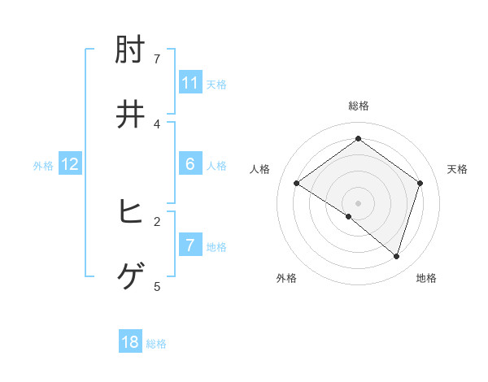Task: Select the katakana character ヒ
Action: coord(131,213)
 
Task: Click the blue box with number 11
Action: coord(190,83)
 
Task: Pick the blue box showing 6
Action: coord(190,164)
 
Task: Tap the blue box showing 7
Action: coord(190,245)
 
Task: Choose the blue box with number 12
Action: coord(70,164)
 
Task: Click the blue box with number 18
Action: coord(130,342)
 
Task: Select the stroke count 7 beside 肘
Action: coord(157,59)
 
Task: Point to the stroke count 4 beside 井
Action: coord(157,124)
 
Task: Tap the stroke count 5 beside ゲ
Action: coord(157,286)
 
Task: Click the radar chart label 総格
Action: coord(359,106)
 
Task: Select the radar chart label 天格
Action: coord(457,169)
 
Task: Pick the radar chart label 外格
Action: coord(286,278)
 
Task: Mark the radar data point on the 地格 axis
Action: coord(396,257)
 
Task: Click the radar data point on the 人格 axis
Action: coord(297,184)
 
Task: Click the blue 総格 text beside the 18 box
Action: coord(156,344)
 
